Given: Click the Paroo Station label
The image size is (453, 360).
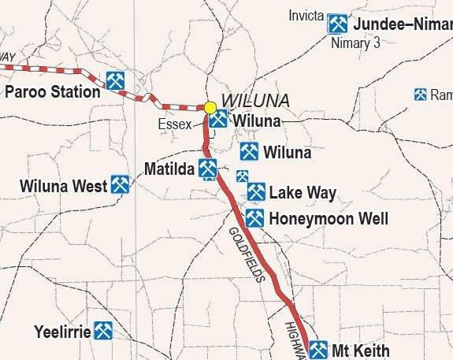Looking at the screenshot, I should tap(53, 92).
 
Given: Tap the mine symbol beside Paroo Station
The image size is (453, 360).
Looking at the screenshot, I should tap(115, 80).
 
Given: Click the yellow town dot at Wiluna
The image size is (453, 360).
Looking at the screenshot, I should tap(210, 107).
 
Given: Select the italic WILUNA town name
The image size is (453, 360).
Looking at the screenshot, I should tap(256, 101).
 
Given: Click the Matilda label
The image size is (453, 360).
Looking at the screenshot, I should tap(169, 169).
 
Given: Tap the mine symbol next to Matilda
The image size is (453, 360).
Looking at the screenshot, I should tap(208, 167).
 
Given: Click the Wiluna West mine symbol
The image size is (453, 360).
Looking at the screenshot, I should tap(121, 184).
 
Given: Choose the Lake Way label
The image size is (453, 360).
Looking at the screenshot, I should tap(303, 192).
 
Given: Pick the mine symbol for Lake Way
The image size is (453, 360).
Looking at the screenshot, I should tap(257, 191).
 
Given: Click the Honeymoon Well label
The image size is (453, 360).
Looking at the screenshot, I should tap(329, 219).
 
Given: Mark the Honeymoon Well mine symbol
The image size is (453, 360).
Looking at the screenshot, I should tap(254, 218).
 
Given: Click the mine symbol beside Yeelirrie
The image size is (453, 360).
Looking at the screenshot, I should tap(103, 330).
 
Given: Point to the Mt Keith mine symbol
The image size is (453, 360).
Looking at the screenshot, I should tap(318, 349).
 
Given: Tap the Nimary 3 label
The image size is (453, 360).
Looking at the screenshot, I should tap(355, 43).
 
